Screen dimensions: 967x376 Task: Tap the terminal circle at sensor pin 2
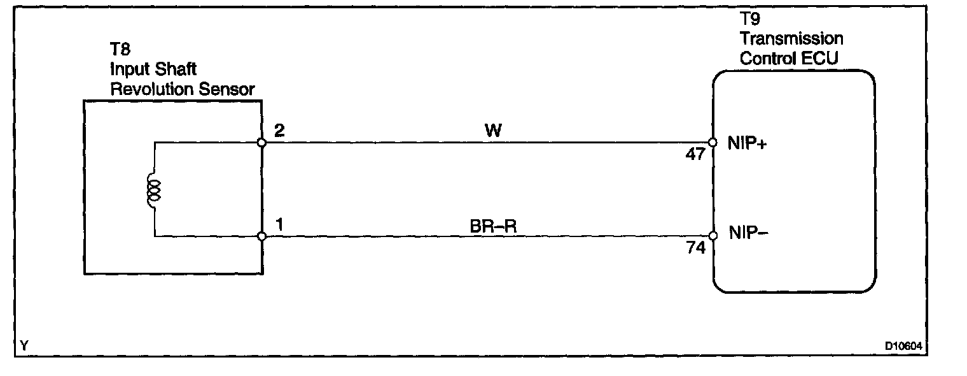[x=261, y=142]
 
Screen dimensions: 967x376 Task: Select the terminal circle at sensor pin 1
[x=261, y=236]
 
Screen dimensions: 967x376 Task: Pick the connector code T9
[x=750, y=20]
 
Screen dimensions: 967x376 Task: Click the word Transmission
[x=791, y=39]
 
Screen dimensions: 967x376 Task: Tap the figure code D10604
[x=903, y=346]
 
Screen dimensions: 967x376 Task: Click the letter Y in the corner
[x=24, y=346]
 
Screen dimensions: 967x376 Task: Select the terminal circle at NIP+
[x=713, y=143]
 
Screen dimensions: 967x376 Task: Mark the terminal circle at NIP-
[x=713, y=236]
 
